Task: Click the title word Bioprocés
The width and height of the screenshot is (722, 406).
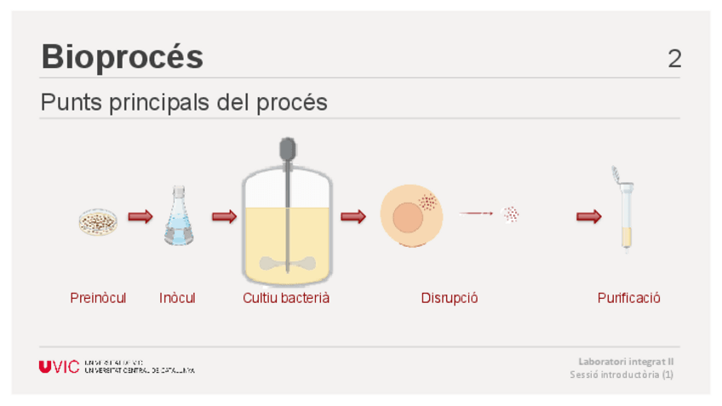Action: pyautogui.click(x=122, y=57)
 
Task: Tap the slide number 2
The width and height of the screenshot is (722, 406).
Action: pyautogui.click(x=674, y=59)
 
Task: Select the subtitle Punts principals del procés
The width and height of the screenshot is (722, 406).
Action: pyautogui.click(x=184, y=103)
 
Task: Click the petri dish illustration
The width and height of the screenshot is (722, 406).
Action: pyautogui.click(x=98, y=221)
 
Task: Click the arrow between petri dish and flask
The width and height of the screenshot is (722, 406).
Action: pyautogui.click(x=140, y=217)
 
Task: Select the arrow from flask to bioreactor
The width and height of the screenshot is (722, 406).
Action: pyautogui.click(x=224, y=217)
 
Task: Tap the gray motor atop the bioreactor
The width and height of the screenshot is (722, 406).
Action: pyautogui.click(x=288, y=150)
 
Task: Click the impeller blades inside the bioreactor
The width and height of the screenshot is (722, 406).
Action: pyautogui.click(x=288, y=263)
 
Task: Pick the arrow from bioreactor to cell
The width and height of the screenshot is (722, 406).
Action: pyautogui.click(x=353, y=217)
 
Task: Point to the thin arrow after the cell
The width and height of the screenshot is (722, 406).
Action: pyautogui.click(x=477, y=214)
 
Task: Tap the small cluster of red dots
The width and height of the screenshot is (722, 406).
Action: pyautogui.click(x=511, y=214)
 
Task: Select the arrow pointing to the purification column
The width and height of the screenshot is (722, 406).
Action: pyautogui.click(x=588, y=217)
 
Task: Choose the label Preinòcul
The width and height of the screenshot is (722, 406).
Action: pyautogui.click(x=98, y=298)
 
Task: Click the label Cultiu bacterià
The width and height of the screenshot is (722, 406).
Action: pyautogui.click(x=286, y=298)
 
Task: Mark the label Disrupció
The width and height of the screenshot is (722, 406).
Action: pyautogui.click(x=450, y=298)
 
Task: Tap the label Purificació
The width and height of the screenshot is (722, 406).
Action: pyautogui.click(x=628, y=298)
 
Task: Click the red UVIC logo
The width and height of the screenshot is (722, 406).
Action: pyautogui.click(x=59, y=367)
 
